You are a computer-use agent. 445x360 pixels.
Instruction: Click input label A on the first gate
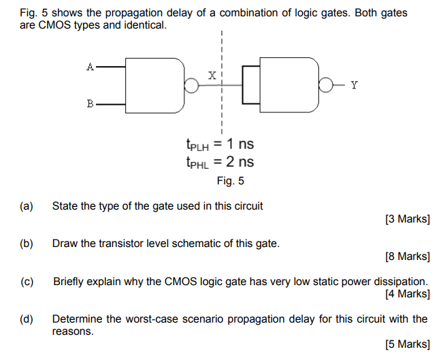[90, 67]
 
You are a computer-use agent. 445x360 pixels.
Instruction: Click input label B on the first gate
[90, 104]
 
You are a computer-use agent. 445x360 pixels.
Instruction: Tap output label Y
[354, 85]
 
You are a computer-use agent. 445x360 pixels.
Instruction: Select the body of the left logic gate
[155, 85]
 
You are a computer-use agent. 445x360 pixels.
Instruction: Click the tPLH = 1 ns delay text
[219, 145]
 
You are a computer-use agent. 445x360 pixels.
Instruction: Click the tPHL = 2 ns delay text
[219, 162]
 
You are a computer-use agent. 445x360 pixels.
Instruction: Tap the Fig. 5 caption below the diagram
[231, 181]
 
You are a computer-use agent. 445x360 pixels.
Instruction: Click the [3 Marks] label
[407, 219]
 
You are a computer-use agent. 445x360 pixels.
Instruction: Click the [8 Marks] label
[407, 257]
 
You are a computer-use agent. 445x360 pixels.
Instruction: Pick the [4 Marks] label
[407, 294]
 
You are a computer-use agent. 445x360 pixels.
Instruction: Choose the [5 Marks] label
[407, 344]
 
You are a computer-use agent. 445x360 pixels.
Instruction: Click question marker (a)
[27, 206]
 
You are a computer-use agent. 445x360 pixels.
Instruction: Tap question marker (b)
[27, 243]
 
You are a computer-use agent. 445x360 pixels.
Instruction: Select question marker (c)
[27, 281]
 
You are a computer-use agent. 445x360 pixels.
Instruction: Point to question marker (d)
[27, 318]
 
